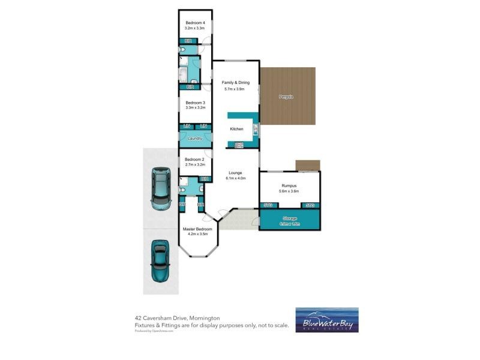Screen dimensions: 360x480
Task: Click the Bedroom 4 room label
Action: (x=195, y=23)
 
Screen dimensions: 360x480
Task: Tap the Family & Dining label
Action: (x=236, y=82)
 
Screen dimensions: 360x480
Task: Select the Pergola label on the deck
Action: (x=286, y=97)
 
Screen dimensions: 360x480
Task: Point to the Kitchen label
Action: (x=236, y=129)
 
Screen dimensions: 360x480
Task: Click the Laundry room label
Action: (x=195, y=139)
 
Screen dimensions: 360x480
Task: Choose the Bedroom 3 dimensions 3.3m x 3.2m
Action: (x=195, y=108)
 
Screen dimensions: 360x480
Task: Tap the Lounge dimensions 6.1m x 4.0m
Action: (x=236, y=178)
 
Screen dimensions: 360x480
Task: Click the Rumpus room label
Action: (x=289, y=185)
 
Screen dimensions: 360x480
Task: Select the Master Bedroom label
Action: (x=197, y=229)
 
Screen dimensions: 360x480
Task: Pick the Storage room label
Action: (x=289, y=218)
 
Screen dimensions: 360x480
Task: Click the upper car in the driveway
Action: (x=161, y=188)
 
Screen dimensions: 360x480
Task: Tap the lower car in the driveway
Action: (x=161, y=262)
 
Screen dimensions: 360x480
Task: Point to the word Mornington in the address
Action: (x=203, y=318)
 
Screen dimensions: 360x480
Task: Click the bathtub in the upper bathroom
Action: (x=182, y=74)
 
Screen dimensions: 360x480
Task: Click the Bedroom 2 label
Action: (x=195, y=159)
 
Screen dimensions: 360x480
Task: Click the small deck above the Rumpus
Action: (x=308, y=165)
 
